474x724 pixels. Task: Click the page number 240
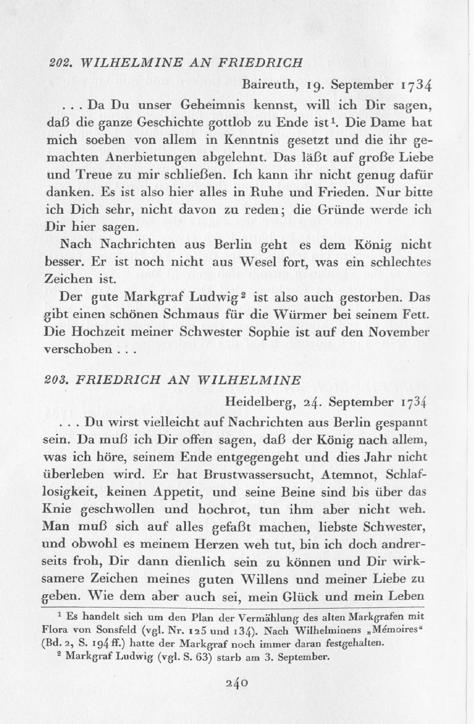pyautogui.click(x=236, y=683)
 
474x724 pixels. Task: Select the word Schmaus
pyautogui.click(x=204, y=315)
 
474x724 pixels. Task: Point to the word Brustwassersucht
pyautogui.click(x=238, y=474)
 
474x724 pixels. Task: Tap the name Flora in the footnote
pyautogui.click(x=53, y=631)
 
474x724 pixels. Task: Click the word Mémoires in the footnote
pyautogui.click(x=399, y=631)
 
